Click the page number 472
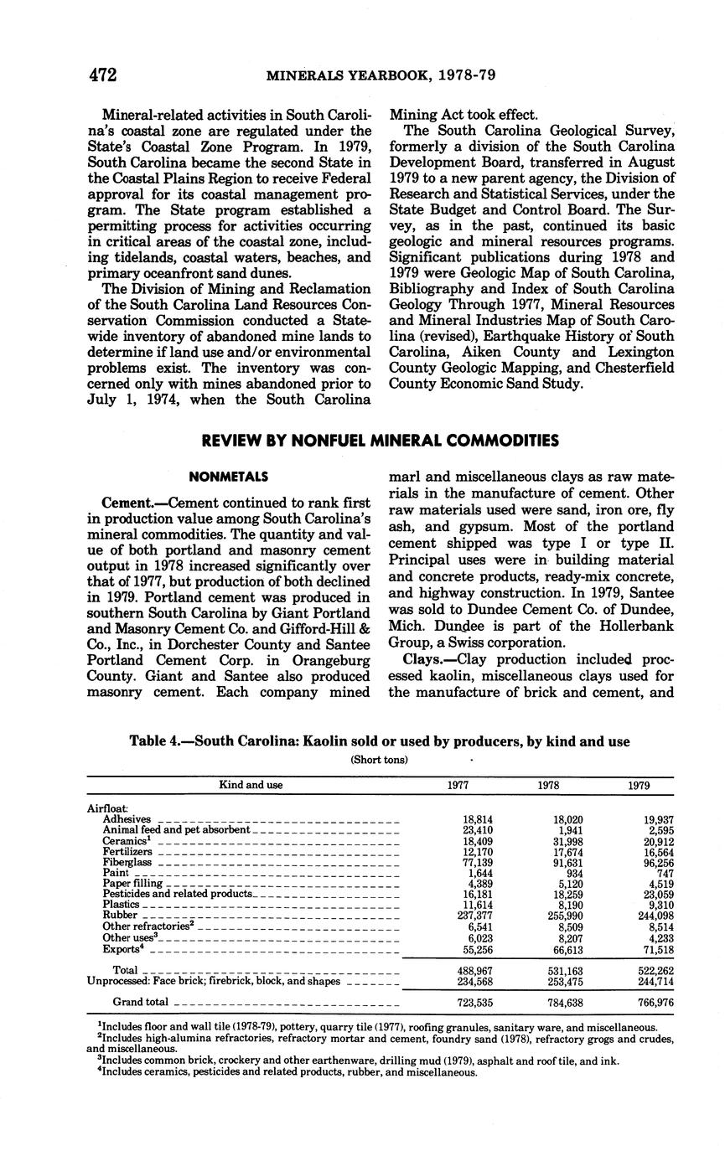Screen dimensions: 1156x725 tap(102, 75)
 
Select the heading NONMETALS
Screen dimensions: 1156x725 tap(229, 477)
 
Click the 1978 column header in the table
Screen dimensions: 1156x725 tap(549, 786)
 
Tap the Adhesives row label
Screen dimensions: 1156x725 tap(127, 819)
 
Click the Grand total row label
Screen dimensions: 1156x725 tap(140, 1002)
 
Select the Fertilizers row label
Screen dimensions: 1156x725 tap(127, 851)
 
